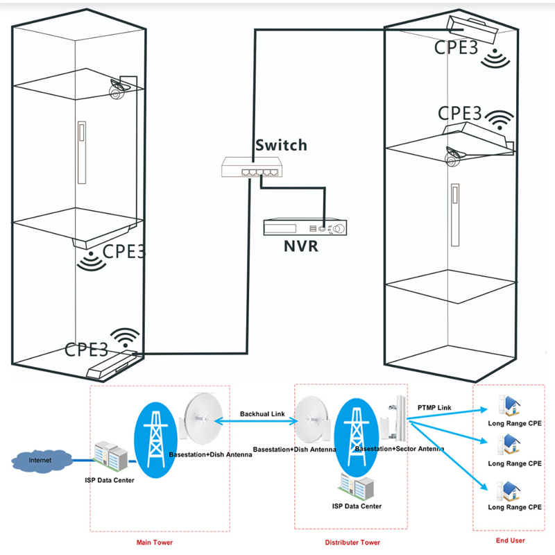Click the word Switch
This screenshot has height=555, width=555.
pyautogui.click(x=280, y=145)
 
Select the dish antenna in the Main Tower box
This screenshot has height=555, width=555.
pyautogui.click(x=203, y=420)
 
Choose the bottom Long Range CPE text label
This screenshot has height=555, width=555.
pyautogui.click(x=514, y=507)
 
